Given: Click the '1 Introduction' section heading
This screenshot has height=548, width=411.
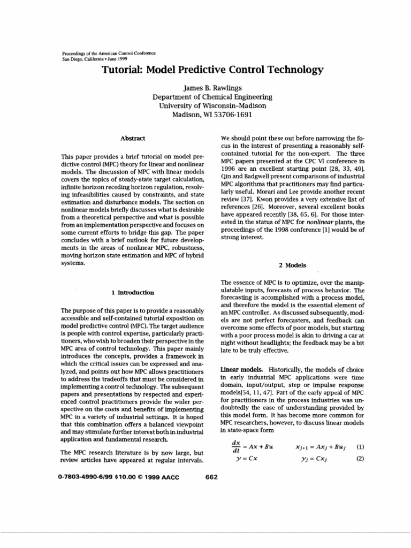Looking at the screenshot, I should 133,293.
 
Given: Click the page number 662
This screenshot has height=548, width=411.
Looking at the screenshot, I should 211,477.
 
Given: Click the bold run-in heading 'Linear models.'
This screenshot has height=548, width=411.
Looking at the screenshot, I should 240,370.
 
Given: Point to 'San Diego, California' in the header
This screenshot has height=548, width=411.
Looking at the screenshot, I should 80,59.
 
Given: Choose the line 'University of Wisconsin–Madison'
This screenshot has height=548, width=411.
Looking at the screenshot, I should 212,106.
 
